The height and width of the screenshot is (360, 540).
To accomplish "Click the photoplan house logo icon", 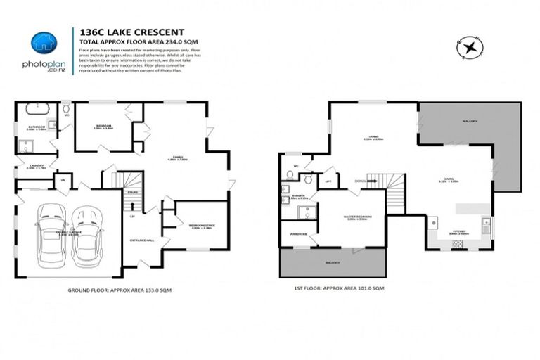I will [x=44, y=43].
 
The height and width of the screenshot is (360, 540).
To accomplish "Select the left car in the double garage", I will [x=51, y=234].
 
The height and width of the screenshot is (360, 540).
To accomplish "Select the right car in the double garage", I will [x=87, y=234].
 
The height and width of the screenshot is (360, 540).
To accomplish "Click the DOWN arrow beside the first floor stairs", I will [x=361, y=181].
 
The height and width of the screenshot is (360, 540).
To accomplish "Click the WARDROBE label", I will [x=293, y=234].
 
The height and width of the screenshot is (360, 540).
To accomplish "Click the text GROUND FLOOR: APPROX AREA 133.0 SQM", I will [x=120, y=290].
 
